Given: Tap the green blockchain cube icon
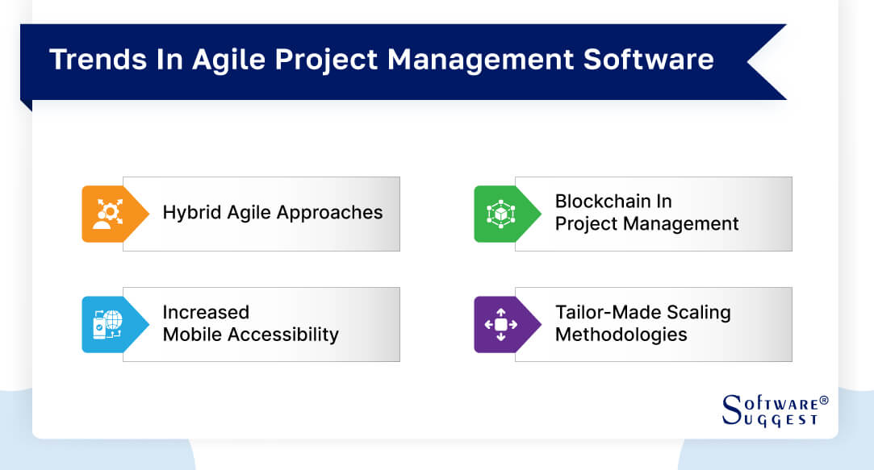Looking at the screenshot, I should [500, 214].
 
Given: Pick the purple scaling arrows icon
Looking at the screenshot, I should [500, 324].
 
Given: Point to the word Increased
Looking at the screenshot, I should [206, 312].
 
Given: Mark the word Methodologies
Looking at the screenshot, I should [621, 334].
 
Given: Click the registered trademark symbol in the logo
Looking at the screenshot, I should [824, 400].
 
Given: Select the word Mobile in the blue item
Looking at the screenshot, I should [190, 334].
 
